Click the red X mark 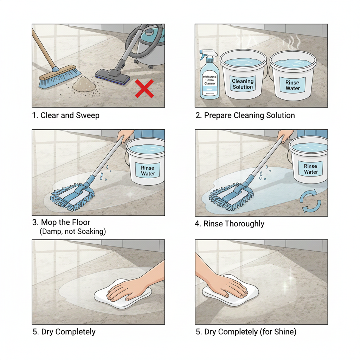144,89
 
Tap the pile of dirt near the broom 84,84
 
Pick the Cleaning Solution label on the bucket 243,84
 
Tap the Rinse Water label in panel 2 292,85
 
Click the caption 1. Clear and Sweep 65,115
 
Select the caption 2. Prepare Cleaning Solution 245,115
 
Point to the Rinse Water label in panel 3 148,171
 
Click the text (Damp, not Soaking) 73,232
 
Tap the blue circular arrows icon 310,201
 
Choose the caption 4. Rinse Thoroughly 230,224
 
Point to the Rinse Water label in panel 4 311,169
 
